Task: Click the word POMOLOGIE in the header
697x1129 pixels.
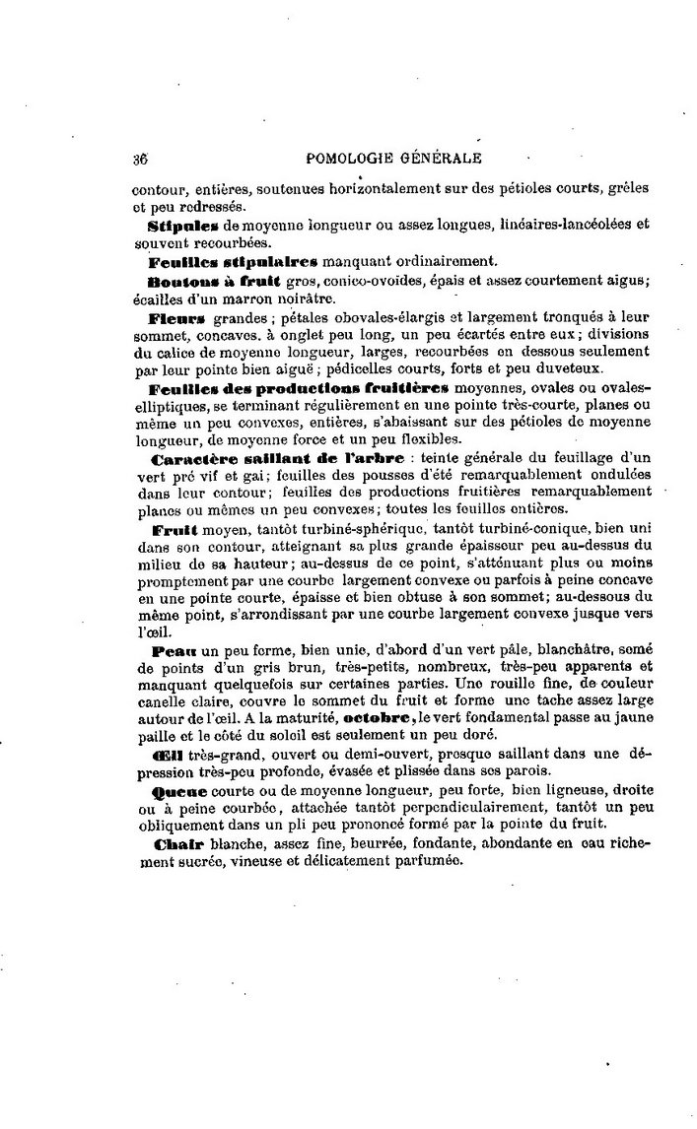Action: [351, 157]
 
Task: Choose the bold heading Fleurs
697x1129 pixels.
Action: [176, 319]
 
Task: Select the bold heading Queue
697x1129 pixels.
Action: [178, 791]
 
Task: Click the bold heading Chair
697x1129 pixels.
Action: [175, 844]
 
